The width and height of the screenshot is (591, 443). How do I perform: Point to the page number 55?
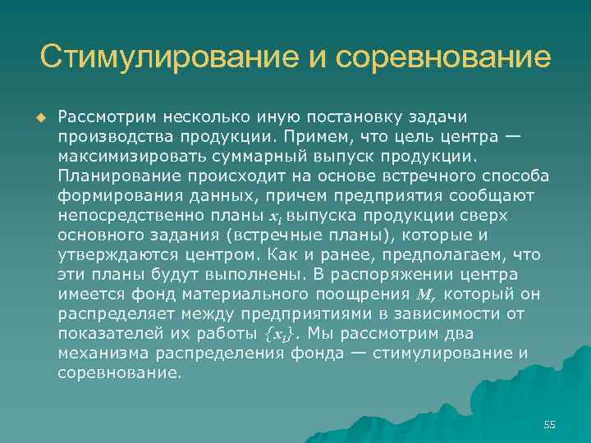coord(549,424)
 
